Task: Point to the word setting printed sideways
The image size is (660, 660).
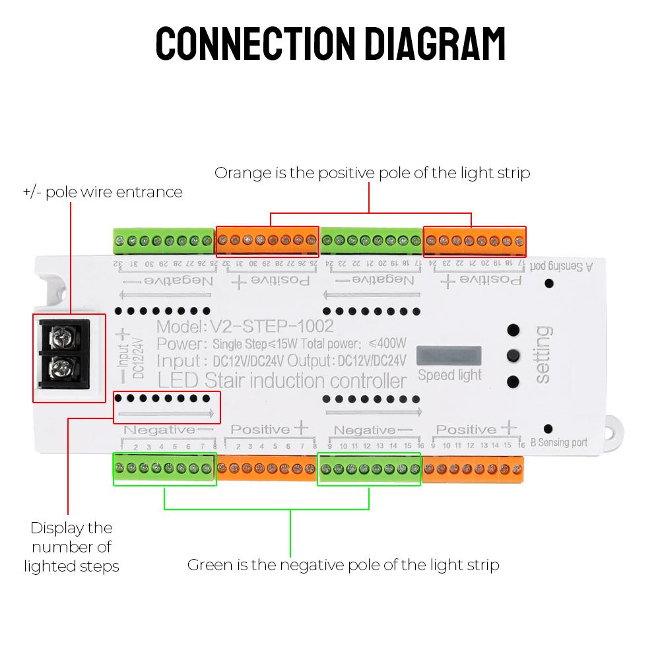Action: tap(543, 354)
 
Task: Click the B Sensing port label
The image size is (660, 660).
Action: tap(559, 443)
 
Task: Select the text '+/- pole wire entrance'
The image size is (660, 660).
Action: tap(102, 192)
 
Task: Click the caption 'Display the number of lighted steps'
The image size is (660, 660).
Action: tap(71, 546)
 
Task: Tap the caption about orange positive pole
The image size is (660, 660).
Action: tap(372, 173)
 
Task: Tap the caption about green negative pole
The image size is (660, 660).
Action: tap(343, 565)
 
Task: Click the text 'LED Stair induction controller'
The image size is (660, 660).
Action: tap(282, 381)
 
